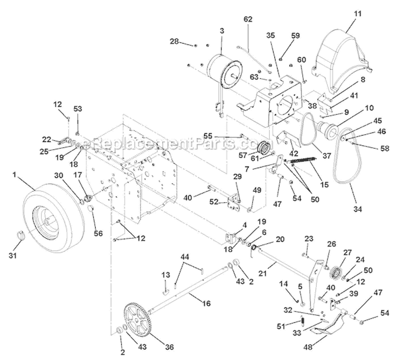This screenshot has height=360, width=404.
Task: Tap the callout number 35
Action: tap(269, 36)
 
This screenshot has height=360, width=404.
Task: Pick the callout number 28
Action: tap(174, 41)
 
